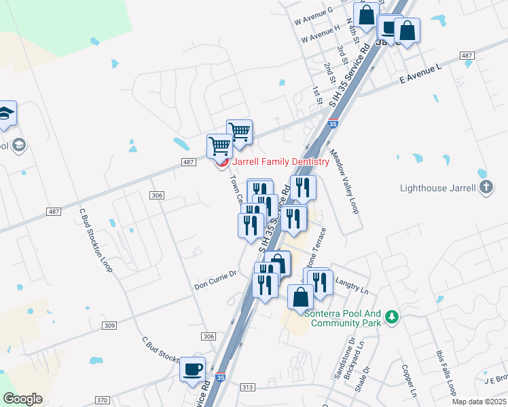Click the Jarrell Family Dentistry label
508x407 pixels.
(x=280, y=161)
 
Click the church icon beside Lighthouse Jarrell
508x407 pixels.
(x=485, y=187)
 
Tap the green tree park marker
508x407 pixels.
(x=391, y=317)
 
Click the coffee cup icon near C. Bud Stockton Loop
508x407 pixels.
(x=193, y=369)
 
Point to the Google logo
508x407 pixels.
(x=22, y=399)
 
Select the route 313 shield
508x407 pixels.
(x=247, y=386)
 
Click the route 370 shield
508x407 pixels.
(x=102, y=400)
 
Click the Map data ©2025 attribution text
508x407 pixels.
(x=479, y=402)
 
